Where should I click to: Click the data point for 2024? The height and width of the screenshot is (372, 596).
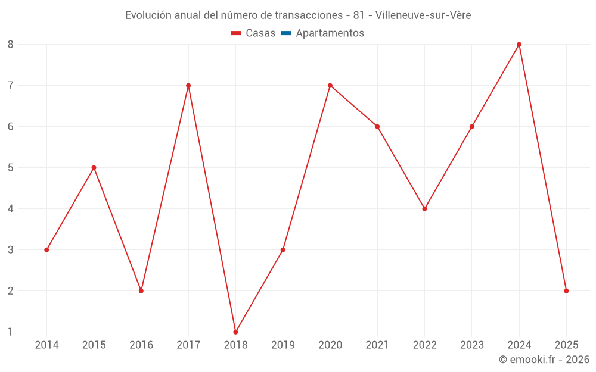519,45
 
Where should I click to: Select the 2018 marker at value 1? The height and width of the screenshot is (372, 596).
235,332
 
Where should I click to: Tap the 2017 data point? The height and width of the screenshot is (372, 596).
188,86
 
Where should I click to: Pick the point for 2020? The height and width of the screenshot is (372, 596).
330,86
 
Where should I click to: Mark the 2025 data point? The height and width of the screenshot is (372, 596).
566,291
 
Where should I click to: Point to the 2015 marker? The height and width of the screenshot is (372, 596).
94,168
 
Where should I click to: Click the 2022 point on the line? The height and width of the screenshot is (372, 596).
424,209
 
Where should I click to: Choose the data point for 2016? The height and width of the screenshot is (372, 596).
141,291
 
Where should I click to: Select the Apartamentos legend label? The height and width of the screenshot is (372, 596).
330,33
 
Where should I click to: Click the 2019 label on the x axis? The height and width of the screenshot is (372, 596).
283,345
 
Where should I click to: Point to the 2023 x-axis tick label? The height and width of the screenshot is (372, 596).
471,345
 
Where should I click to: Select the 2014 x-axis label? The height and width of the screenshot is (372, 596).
46,345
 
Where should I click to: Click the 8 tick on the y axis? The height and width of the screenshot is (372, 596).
11,45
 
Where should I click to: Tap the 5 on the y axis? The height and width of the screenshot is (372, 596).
11,168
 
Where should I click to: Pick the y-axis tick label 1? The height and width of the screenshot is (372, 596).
11,332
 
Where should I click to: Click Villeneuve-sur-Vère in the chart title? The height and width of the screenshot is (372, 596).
423,15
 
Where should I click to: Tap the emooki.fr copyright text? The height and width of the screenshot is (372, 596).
544,360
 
